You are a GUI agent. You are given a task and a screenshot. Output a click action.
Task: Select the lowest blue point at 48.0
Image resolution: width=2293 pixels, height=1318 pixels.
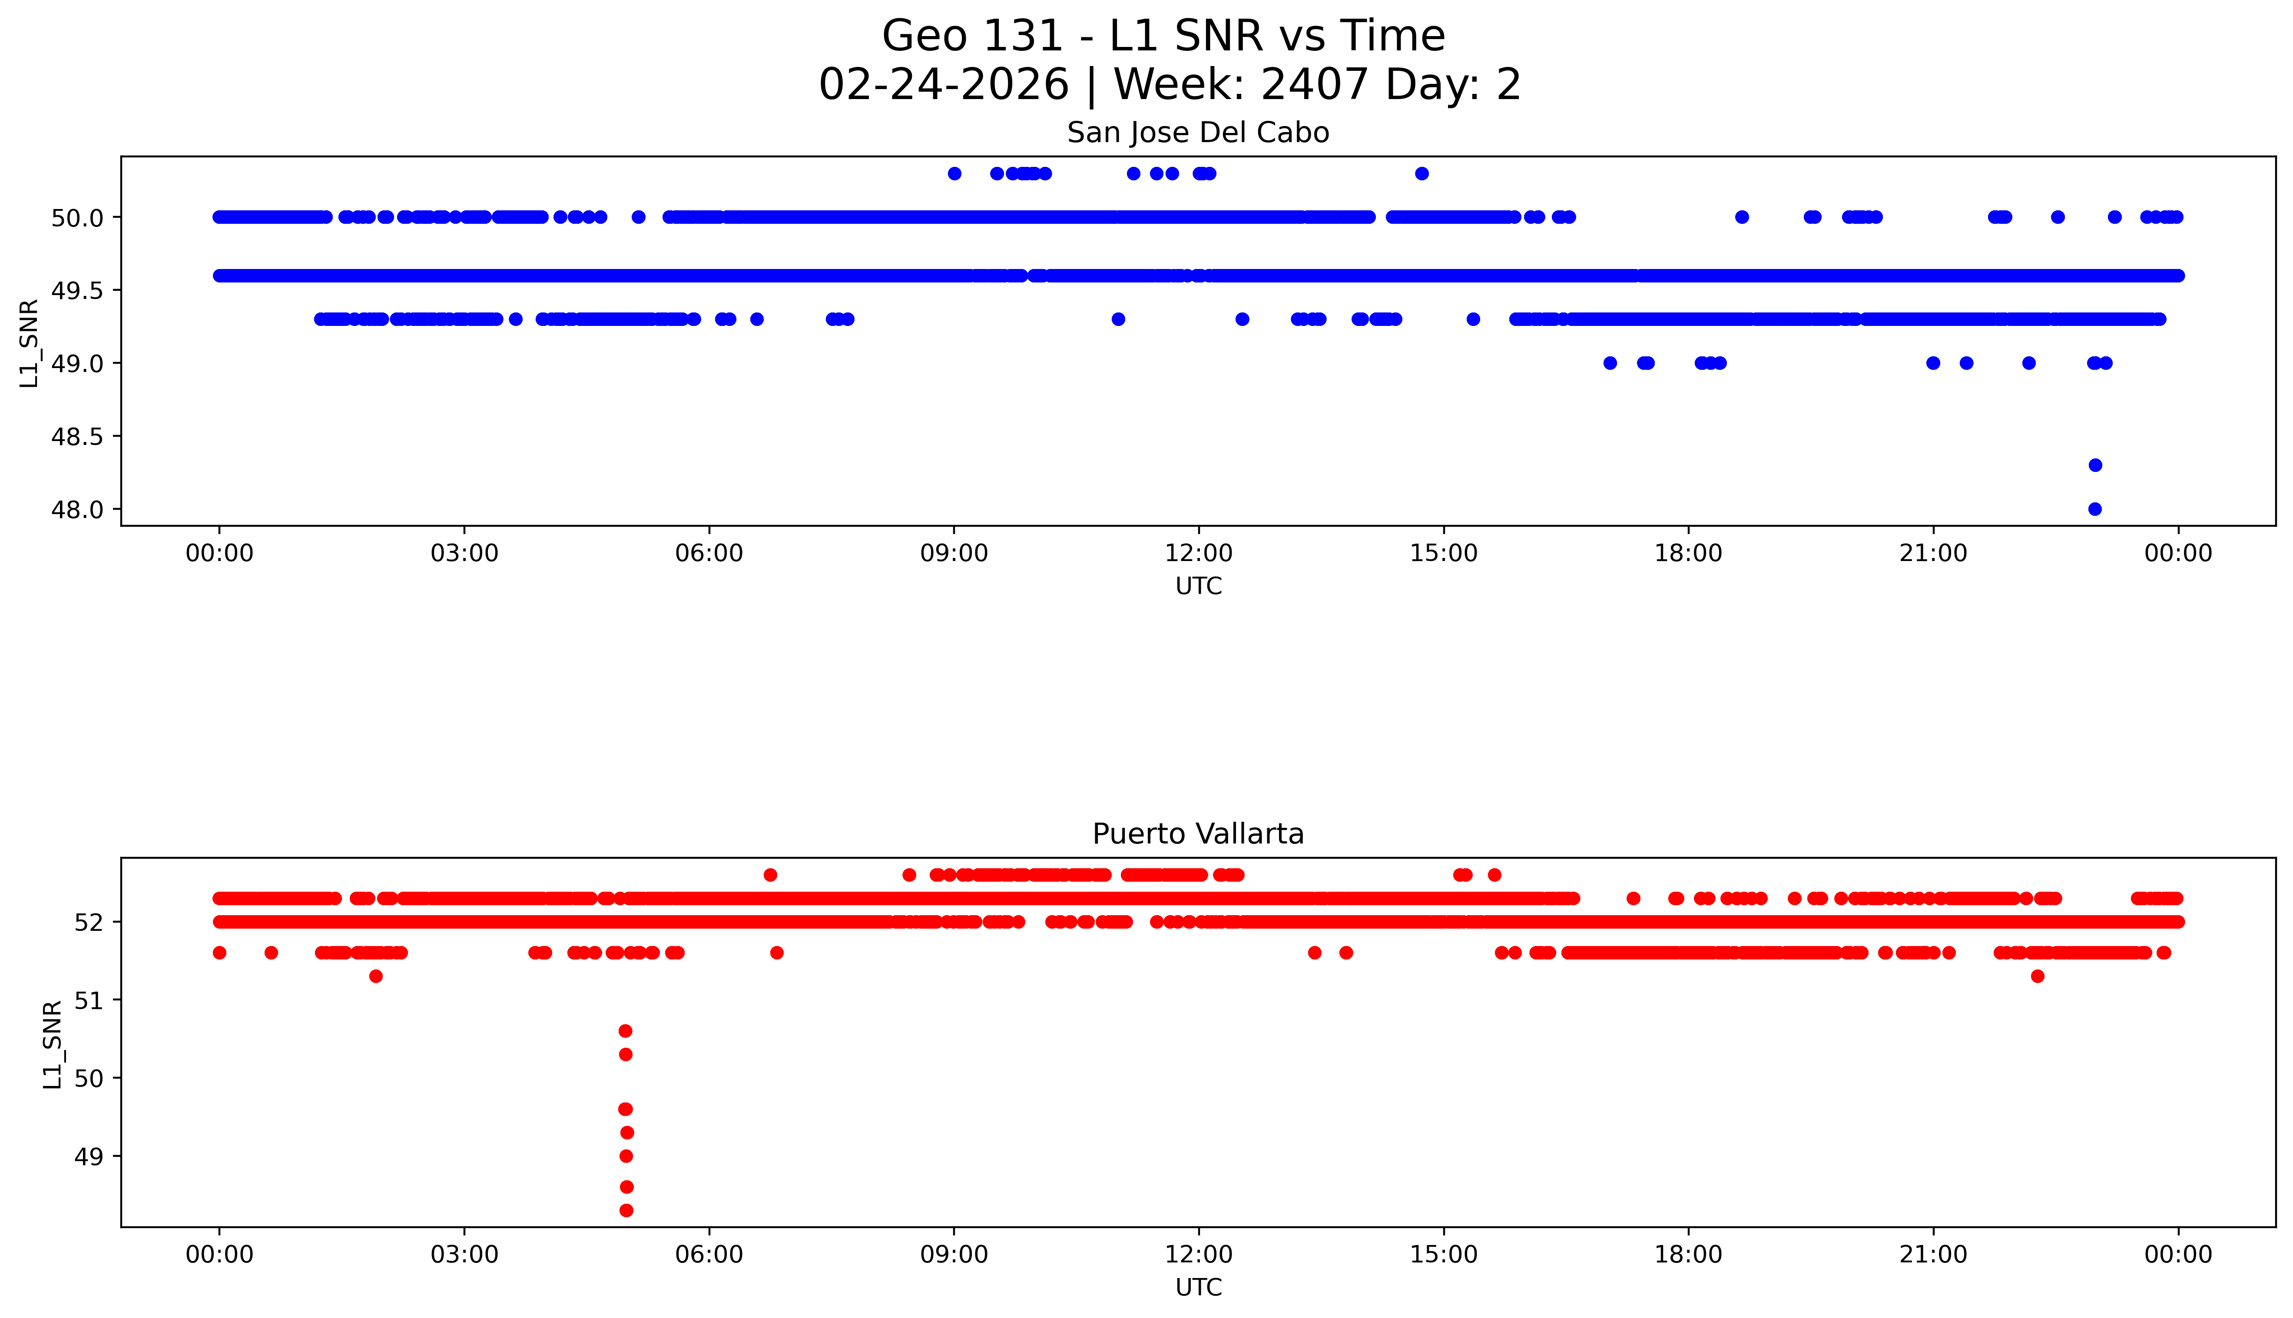tap(2094, 509)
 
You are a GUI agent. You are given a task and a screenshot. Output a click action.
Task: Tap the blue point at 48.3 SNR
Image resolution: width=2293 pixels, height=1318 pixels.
tap(2094, 465)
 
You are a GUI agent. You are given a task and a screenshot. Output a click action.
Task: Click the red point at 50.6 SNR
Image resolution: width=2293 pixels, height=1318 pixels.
tap(625, 1031)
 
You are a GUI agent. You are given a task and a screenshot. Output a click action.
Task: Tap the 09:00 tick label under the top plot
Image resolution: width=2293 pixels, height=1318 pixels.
tap(954, 553)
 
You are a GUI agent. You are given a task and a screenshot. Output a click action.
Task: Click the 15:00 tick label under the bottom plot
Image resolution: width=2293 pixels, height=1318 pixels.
tap(1443, 1255)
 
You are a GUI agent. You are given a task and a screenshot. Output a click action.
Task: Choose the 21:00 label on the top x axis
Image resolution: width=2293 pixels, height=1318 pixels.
tap(1933, 553)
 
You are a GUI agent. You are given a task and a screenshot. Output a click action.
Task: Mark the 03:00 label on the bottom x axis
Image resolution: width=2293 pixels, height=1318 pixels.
tap(464, 1255)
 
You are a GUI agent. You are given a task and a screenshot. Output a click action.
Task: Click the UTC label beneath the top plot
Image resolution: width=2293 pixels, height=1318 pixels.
tap(1198, 587)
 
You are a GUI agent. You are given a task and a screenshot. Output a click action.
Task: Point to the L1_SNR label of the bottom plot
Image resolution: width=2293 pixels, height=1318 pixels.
tap(53, 1044)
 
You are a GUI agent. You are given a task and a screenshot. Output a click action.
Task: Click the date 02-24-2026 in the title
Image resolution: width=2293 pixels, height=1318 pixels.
tap(943, 85)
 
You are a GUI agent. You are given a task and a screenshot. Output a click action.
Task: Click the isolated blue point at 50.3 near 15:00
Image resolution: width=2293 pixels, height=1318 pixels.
tap(1422, 174)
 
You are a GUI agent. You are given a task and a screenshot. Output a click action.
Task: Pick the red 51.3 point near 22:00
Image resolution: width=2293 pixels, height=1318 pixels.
tap(2037, 976)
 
